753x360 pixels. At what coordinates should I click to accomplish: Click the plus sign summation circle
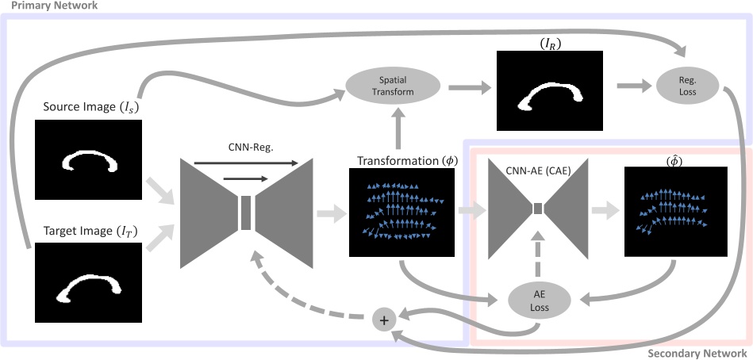coord(385,320)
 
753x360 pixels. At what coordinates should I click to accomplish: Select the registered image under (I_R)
coord(549,90)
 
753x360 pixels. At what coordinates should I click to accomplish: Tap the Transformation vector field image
coord(401,212)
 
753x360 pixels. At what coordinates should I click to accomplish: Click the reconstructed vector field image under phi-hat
coord(675,212)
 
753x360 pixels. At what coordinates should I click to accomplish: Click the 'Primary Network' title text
coord(50,6)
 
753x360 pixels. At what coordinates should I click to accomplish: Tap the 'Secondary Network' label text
coord(697,354)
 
